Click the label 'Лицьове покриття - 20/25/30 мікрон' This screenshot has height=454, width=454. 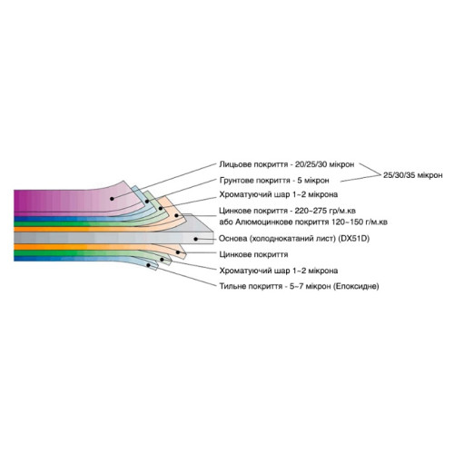tap(287, 165)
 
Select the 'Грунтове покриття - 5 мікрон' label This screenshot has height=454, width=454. tap(274, 181)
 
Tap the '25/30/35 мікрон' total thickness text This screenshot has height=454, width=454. tap(413, 175)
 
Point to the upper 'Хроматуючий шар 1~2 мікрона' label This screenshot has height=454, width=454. tap(279, 194)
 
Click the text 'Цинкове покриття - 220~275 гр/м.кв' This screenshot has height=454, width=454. tap(287, 211)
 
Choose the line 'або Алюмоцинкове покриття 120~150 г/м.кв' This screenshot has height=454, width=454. tap(303, 222)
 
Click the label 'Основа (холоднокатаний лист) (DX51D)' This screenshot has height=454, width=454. tap(294, 239)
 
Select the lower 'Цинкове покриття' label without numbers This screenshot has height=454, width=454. tap(253, 254)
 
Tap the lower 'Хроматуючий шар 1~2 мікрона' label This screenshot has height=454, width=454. tap(279, 271)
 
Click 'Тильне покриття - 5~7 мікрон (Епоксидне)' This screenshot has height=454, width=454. tap(299, 286)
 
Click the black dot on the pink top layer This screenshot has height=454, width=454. tap(112, 199)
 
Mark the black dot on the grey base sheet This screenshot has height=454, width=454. tap(196, 239)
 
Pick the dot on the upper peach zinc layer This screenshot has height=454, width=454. tap(176, 215)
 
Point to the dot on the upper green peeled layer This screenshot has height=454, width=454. tap(161, 208)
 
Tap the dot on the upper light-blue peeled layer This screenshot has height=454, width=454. tap(147, 202)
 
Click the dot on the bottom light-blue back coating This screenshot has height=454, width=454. tap(148, 265)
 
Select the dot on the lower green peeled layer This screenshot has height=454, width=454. tap(162, 260)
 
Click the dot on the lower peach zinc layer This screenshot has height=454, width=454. tap(178, 252)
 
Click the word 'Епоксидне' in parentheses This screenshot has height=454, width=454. tap(356, 286)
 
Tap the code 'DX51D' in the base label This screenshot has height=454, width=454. tap(354, 239)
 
